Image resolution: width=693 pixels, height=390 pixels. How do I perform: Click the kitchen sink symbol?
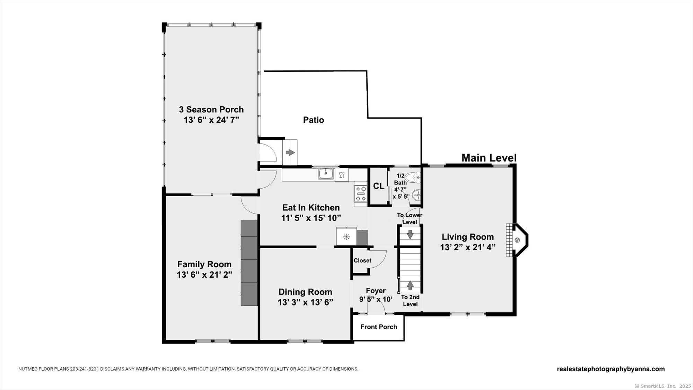(x=326, y=174)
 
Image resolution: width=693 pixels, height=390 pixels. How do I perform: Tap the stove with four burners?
(x=361, y=194)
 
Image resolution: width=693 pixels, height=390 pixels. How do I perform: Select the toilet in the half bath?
(x=413, y=177)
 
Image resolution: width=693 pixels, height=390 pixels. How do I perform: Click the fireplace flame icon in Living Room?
(x=517, y=240)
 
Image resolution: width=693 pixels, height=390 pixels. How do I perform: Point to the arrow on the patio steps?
(x=290, y=153)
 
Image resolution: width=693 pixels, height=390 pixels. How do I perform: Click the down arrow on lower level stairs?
(x=410, y=234)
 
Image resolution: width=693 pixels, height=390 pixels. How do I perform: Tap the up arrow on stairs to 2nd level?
(x=410, y=285)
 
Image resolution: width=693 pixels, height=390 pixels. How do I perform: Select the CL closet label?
(x=379, y=186)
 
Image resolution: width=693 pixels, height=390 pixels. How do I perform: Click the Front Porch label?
(x=378, y=327)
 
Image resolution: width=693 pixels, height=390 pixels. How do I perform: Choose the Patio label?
(x=314, y=120)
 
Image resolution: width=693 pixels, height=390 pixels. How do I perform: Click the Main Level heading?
(x=489, y=158)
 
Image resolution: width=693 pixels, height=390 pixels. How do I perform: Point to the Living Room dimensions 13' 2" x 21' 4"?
(x=468, y=248)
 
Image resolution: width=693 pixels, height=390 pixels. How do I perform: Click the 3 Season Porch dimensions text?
(x=211, y=120)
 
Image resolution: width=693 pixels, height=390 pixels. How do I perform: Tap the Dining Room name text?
(x=305, y=292)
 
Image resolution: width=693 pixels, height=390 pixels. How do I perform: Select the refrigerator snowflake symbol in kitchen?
(x=346, y=237)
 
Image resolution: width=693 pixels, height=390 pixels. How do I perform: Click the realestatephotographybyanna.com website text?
(x=611, y=369)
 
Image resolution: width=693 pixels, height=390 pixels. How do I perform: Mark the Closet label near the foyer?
(x=362, y=261)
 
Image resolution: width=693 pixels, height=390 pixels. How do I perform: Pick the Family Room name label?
(x=204, y=265)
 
